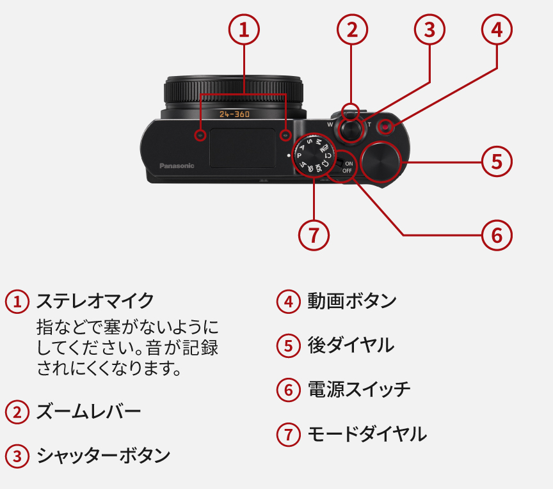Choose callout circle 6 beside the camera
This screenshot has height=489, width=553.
click(x=497, y=235)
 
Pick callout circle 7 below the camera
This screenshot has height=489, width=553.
click(x=314, y=235)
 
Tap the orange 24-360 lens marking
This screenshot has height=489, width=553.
click(x=234, y=114)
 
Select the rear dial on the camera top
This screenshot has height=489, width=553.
click(x=381, y=160)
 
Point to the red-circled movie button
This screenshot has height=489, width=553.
click(x=385, y=127)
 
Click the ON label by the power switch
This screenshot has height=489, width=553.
click(x=348, y=164)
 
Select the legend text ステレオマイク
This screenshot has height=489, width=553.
click(x=95, y=300)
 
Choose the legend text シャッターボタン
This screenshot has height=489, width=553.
click(x=103, y=456)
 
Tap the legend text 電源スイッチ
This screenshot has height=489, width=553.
click(x=359, y=389)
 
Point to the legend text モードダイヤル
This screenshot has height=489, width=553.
click(x=367, y=435)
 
